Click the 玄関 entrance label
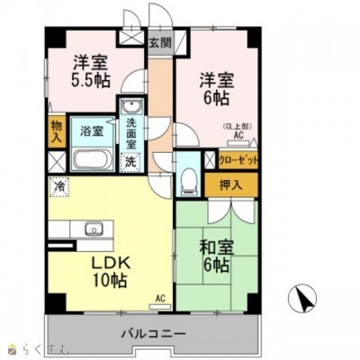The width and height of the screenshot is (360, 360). point(159,41)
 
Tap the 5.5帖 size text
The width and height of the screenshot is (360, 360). point(93,80)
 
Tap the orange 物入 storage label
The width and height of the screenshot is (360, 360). point(57,131)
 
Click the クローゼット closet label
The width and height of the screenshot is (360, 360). point(238,160)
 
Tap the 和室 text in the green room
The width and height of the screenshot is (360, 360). point(217,245)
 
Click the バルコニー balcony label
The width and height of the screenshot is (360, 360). point(154,333)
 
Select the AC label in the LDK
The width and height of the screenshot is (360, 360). point(159,298)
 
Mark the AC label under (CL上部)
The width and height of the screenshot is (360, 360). point(239,136)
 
